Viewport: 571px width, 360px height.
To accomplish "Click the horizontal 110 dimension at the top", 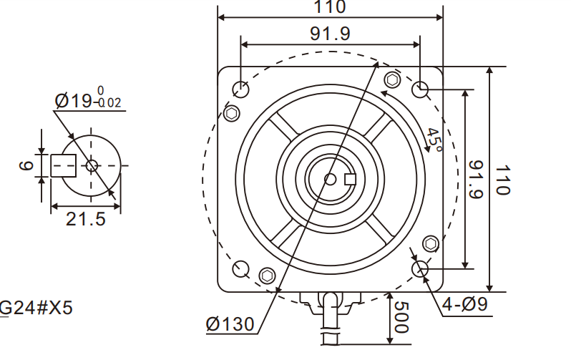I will pyautogui.click(x=330, y=8).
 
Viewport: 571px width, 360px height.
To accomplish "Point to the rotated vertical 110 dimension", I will pyautogui.click(x=502, y=180).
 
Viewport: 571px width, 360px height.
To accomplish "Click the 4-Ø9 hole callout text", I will pyautogui.click(x=464, y=304).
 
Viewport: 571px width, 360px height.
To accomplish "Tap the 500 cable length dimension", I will pyautogui.click(x=400, y=317).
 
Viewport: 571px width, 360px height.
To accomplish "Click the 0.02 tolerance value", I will pyautogui.click(x=109, y=103).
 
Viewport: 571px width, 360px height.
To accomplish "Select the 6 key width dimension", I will pyautogui.click(x=26, y=165).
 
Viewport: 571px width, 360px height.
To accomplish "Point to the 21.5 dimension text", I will pyautogui.click(x=85, y=219).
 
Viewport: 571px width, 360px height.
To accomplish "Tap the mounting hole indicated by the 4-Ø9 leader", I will pyautogui.click(x=420, y=268).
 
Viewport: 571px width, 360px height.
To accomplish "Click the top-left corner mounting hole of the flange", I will pyautogui.click(x=241, y=89).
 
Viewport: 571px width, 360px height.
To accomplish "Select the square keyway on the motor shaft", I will pyautogui.click(x=351, y=179).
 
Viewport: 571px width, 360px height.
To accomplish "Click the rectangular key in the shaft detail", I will pyautogui.click(x=64, y=165).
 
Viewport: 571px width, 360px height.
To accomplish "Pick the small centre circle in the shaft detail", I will pyautogui.click(x=91, y=165).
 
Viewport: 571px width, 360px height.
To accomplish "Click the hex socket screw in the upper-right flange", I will pyautogui.click(x=391, y=79).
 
